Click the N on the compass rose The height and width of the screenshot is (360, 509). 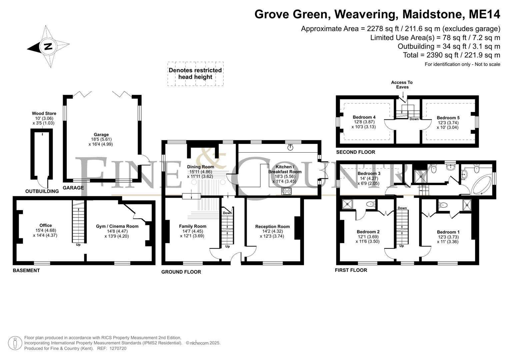[x=48, y=46]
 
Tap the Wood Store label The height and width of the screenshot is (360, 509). [x=44, y=113]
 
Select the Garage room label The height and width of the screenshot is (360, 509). [x=101, y=135]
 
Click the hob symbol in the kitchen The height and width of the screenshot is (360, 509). [x=286, y=191]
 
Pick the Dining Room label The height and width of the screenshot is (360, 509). [x=200, y=167]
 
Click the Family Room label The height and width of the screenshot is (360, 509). [x=193, y=226]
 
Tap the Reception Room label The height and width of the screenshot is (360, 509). [x=272, y=226]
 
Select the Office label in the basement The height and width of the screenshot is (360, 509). [x=45, y=225]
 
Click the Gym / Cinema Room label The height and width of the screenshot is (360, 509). [x=117, y=226]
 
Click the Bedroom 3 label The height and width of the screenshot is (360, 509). [x=369, y=173]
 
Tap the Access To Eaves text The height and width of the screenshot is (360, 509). [x=402, y=85]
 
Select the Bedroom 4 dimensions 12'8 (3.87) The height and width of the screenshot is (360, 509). [x=364, y=122]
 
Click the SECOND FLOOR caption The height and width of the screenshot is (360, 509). [x=356, y=152]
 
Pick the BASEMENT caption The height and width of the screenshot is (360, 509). [x=26, y=270]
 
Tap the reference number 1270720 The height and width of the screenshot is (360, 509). [x=118, y=348]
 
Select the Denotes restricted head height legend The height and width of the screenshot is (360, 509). [x=195, y=74]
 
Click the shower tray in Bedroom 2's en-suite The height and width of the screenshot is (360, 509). [x=347, y=204]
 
